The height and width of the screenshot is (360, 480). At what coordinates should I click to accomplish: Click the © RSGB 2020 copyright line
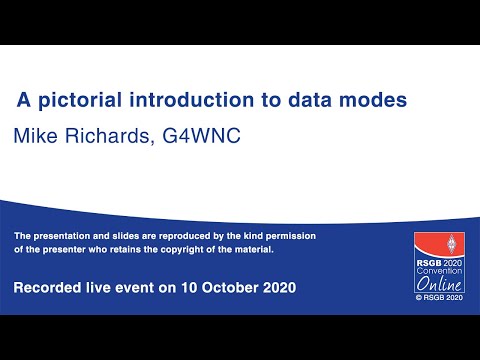click(440, 297)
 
